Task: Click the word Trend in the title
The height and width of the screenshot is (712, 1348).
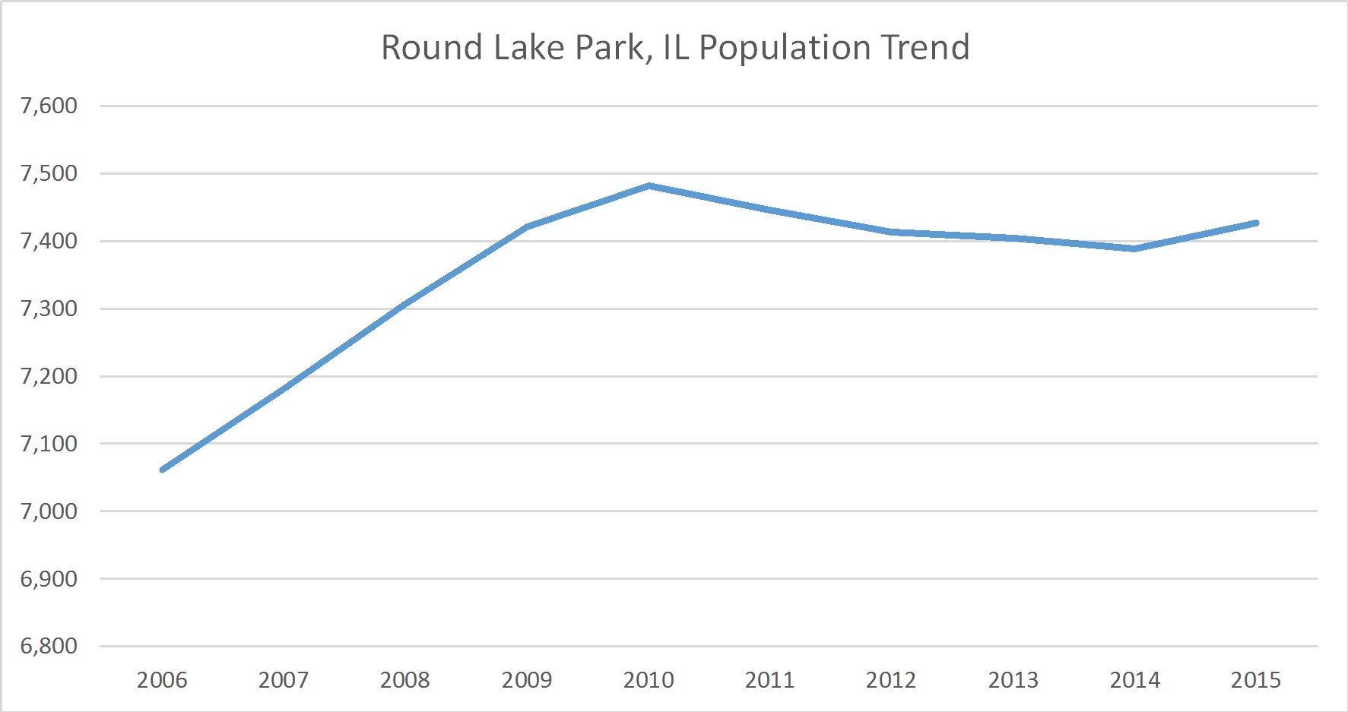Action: [925, 47]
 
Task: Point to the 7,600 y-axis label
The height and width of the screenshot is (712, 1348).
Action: [49, 106]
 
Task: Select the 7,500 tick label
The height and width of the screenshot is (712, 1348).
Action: [49, 173]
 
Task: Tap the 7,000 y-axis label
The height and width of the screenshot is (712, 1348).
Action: [49, 511]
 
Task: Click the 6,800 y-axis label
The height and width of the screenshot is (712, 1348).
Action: [49, 646]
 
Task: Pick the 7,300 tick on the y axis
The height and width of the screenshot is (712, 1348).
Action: [49, 309]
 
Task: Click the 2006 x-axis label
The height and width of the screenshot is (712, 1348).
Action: [162, 679]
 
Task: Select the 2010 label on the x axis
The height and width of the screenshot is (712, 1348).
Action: [649, 679]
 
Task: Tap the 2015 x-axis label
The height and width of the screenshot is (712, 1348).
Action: [1256, 679]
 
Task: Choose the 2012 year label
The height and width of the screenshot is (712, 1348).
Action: [891, 679]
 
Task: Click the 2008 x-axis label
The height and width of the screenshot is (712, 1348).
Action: [405, 679]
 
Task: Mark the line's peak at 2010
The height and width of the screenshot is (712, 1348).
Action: [649, 185]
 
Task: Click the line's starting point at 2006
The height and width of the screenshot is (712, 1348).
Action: [163, 470]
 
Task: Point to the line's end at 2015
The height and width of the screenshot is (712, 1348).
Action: [1256, 223]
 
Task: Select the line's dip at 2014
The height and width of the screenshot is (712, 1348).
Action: [1134, 248]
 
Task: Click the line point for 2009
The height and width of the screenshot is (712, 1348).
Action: [527, 226]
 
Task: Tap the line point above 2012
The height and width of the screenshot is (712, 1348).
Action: [891, 232]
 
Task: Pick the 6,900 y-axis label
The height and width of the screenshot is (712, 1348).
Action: [49, 578]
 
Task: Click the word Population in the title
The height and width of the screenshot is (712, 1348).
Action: [785, 47]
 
